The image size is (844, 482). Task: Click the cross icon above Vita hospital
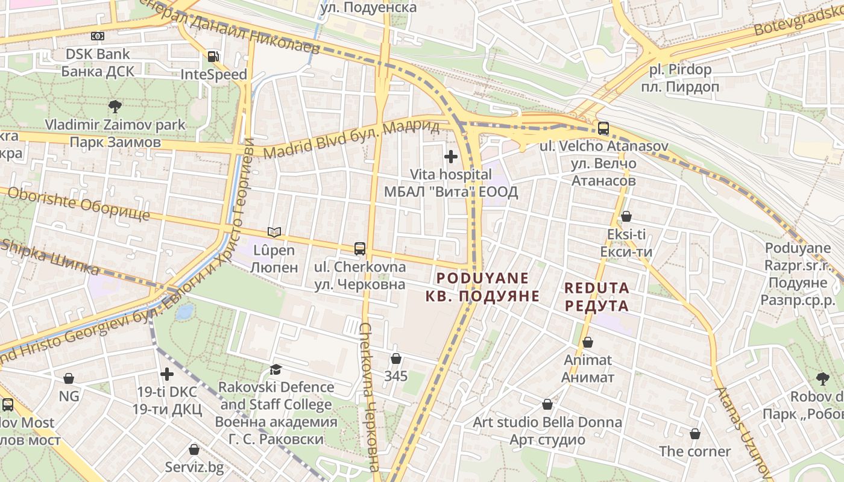[450, 157]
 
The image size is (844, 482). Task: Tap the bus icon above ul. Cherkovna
[360, 248]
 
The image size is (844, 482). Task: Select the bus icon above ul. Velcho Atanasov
[603, 128]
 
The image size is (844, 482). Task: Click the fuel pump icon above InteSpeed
[213, 57]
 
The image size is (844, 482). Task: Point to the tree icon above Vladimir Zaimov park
[115, 107]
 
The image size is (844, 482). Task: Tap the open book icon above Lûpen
[274, 232]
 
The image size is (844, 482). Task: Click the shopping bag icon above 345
[396, 358]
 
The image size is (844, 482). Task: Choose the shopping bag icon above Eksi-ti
[626, 216]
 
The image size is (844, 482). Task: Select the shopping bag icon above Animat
[588, 342]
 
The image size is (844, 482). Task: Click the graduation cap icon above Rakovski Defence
[276, 369]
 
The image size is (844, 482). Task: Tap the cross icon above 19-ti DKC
[166, 374]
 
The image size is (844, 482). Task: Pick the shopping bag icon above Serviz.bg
[194, 449]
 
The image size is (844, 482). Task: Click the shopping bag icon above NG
[69, 378]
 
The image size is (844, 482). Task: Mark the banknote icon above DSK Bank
[98, 36]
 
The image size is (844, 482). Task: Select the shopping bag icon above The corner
[695, 434]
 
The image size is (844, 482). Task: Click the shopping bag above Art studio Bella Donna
[547, 404]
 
